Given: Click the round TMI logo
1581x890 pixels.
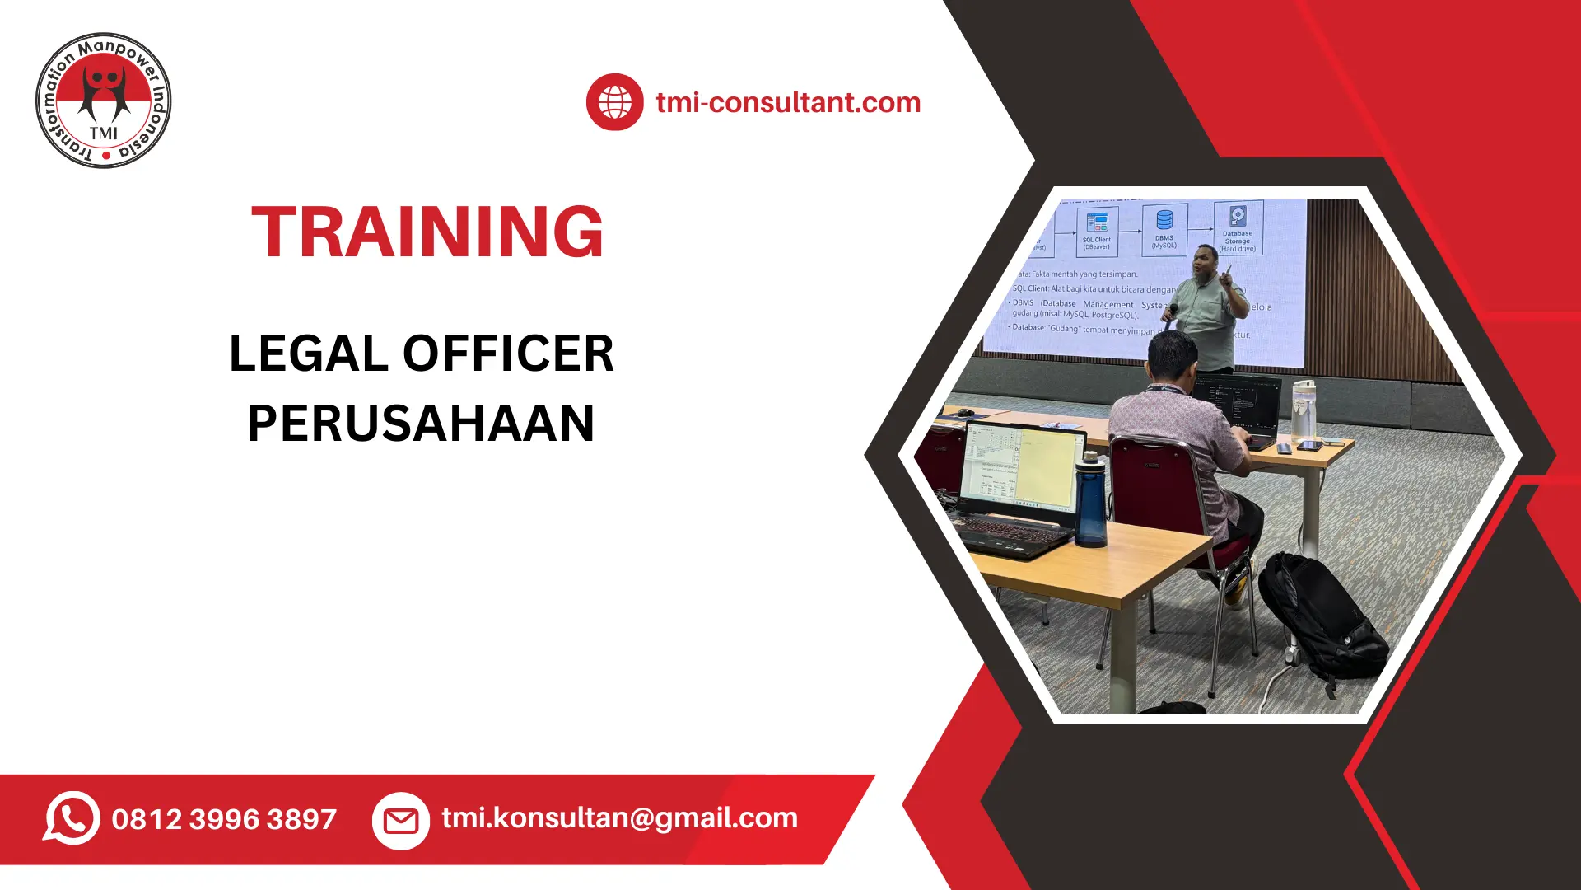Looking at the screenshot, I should coord(104,101).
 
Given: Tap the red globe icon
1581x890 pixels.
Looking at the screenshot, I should coord(614,102).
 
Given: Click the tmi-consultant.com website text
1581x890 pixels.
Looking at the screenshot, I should coord(788,102).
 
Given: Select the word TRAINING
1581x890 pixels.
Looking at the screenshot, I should coord(427,232).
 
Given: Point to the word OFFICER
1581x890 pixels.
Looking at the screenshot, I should coord(508,354).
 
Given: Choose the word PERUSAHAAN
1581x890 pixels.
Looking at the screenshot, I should coord(421,424).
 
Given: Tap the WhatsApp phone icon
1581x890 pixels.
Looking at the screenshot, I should coord(72,817).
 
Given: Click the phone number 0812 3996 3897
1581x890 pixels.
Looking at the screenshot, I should coord(224,819).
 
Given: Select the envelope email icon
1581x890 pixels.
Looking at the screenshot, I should coord(401,821).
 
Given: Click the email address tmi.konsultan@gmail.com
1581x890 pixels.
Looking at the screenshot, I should coord(619,817).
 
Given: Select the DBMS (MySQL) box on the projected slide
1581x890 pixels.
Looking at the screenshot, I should coord(1164,228).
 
